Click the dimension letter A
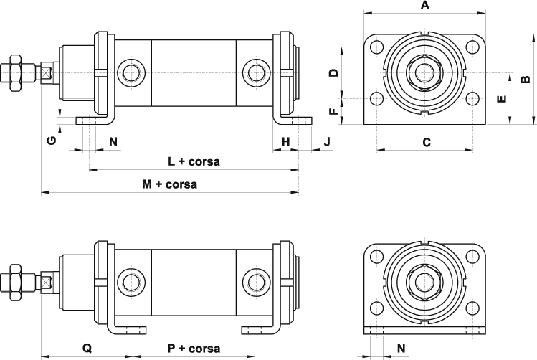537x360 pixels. (x=424, y=6)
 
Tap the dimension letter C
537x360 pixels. (x=426, y=142)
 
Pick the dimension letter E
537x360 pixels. (x=502, y=98)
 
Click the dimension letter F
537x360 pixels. (x=333, y=111)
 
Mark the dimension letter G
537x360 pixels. (x=51, y=140)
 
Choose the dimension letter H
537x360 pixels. (x=285, y=142)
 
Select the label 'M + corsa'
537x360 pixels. (x=169, y=184)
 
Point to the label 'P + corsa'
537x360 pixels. (x=194, y=349)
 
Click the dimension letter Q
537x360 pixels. (x=87, y=349)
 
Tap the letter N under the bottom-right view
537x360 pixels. (x=401, y=349)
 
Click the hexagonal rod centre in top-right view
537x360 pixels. (x=424, y=73)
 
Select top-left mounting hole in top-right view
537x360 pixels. (x=377, y=47)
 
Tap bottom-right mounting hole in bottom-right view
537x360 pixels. (x=473, y=308)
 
